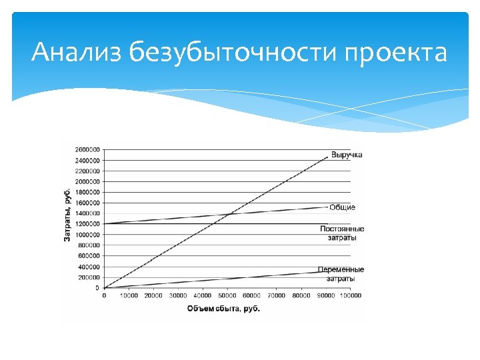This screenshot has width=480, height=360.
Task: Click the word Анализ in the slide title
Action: [76, 52]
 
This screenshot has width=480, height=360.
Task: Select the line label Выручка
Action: [347, 155]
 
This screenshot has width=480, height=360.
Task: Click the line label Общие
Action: [342, 207]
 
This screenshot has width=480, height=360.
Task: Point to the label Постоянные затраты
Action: [342, 233]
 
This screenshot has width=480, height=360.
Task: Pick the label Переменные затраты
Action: [341, 273]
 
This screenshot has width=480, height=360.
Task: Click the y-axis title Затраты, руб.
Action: [67, 215]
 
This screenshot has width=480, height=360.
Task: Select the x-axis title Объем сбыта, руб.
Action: [223, 308]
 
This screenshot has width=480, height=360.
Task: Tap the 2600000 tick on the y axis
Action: [87, 149]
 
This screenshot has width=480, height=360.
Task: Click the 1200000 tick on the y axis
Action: [87, 224]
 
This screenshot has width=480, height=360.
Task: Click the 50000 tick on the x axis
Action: [227, 296]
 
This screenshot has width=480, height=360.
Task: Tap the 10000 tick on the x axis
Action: [129, 296]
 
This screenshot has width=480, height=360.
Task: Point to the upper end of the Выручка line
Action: [328, 156]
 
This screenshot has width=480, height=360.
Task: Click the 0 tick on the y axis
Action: [97, 288]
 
